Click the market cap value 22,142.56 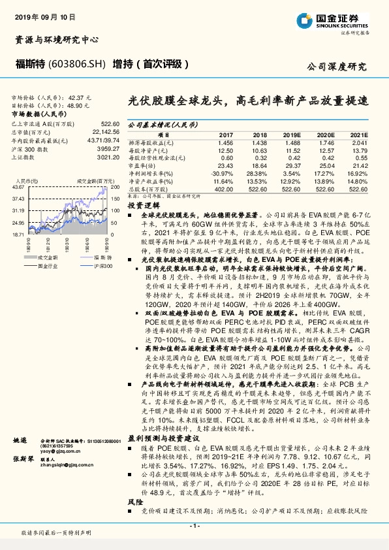(104, 131)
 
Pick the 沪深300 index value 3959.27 (106, 148)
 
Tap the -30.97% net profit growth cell (221, 173)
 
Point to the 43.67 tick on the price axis (18, 187)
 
